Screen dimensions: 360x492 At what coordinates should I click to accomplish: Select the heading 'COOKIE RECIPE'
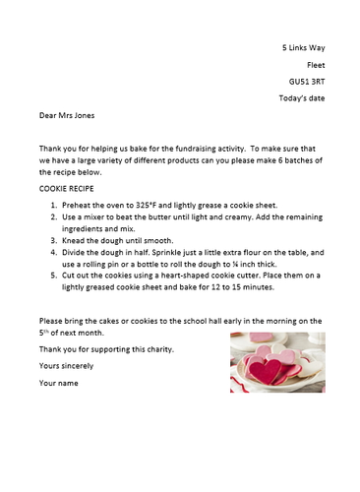[70, 186]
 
